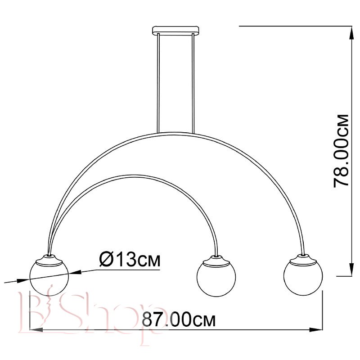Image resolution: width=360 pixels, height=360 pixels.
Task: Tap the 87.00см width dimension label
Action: pos(179,319)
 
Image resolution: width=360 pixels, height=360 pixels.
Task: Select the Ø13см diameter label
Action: pos(130,259)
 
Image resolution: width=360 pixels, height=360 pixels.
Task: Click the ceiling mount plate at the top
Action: pos(175,31)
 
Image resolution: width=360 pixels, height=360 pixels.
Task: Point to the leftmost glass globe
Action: pos(49,277)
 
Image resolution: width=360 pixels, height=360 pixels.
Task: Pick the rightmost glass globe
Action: pos(303,276)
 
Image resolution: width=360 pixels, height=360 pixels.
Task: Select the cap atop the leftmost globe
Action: pos(49,260)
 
